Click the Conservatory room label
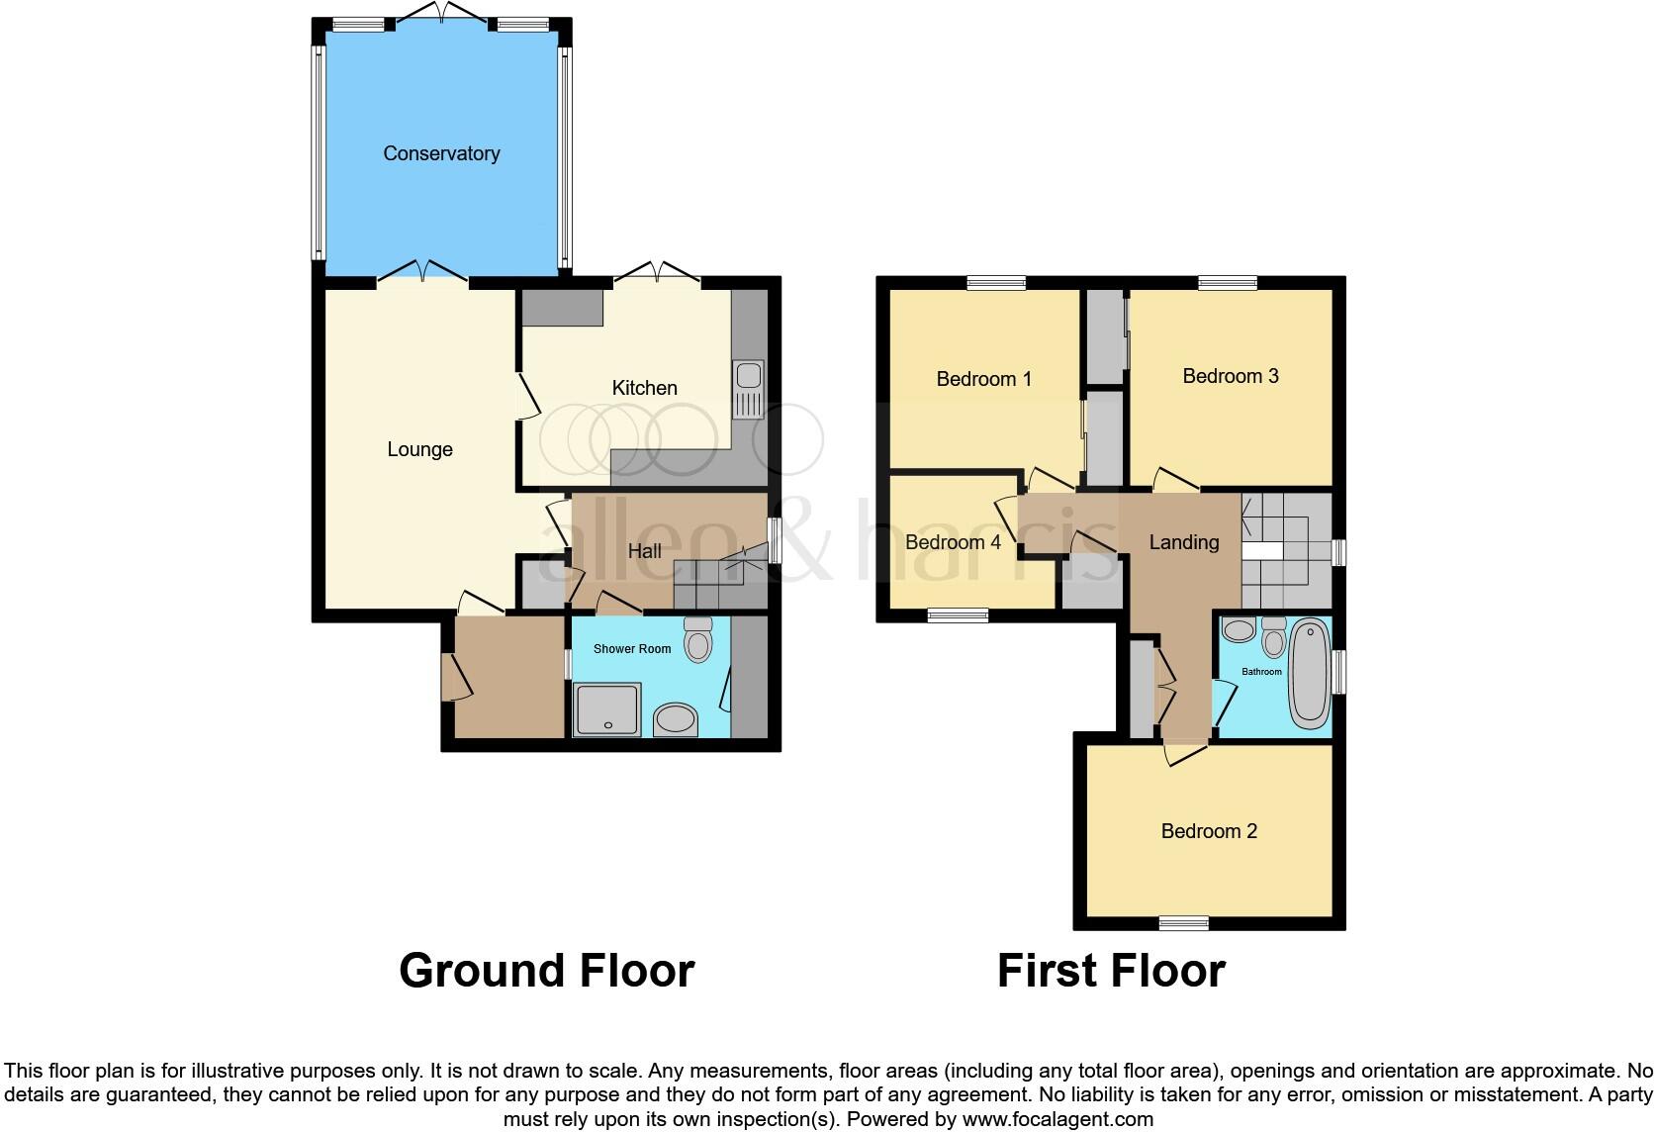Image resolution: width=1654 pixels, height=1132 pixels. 441,153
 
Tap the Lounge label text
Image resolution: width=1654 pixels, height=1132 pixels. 419,449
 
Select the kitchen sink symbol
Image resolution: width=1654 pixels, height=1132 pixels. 748,377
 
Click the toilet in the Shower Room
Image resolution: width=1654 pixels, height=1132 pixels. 698,640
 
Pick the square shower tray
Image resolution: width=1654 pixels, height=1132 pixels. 607,709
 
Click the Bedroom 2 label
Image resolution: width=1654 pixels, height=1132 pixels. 1209,831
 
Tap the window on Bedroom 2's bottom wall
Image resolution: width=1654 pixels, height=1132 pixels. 1184,923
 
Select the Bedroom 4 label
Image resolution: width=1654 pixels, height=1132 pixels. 953,542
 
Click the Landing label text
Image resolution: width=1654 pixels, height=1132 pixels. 1183,542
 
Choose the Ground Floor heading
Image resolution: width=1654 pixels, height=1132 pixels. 546,971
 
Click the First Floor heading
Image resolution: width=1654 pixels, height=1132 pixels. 1111,971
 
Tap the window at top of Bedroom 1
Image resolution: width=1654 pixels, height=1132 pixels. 996,283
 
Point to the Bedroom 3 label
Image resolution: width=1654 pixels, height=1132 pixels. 1231,376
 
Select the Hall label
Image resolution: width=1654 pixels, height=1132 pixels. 644,551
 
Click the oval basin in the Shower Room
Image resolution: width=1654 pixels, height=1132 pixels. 676,719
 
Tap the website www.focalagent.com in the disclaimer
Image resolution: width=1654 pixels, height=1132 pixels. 1057,1119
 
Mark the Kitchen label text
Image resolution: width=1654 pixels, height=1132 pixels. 644,388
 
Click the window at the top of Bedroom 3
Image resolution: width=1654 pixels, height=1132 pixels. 1228,283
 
